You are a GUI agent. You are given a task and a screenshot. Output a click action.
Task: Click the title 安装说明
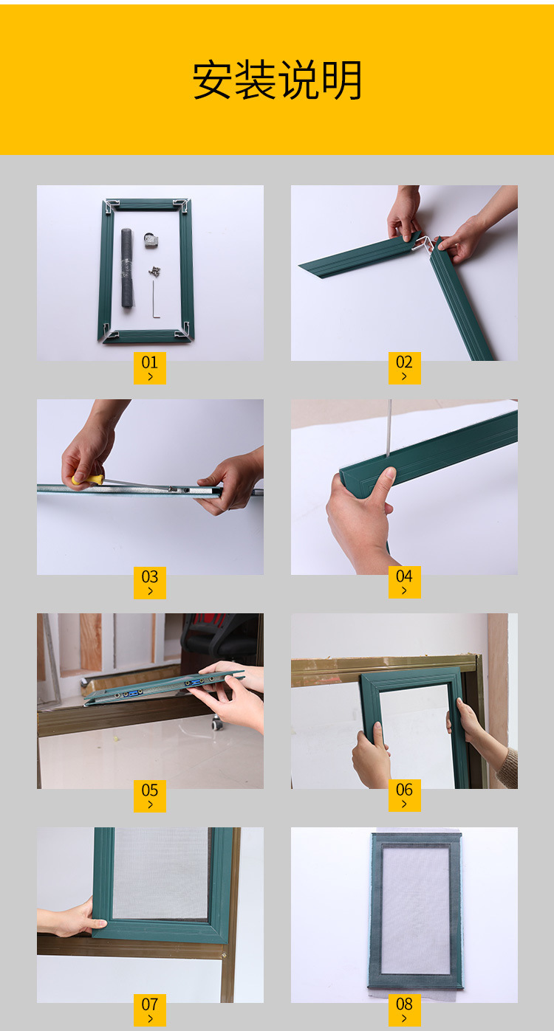click(x=277, y=80)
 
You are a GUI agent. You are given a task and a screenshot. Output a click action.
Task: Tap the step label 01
click(x=150, y=362)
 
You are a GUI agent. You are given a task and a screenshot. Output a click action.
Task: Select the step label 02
click(x=404, y=362)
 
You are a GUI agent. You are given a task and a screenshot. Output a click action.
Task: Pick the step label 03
click(x=150, y=576)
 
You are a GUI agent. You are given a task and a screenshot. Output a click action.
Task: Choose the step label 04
click(x=404, y=576)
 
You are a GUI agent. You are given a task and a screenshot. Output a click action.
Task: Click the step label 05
click(x=150, y=790)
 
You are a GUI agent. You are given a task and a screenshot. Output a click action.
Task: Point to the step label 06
click(x=404, y=790)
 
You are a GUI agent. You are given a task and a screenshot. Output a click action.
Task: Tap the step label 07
click(x=150, y=1004)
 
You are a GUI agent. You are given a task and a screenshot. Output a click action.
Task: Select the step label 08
click(x=404, y=1004)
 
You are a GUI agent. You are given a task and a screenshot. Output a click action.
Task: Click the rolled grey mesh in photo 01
click(x=128, y=268)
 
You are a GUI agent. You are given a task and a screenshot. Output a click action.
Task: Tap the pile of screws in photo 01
click(x=154, y=271)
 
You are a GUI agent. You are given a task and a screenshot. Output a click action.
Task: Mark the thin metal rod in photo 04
click(x=389, y=428)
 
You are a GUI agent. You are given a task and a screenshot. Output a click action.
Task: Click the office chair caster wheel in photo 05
click(x=216, y=723)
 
